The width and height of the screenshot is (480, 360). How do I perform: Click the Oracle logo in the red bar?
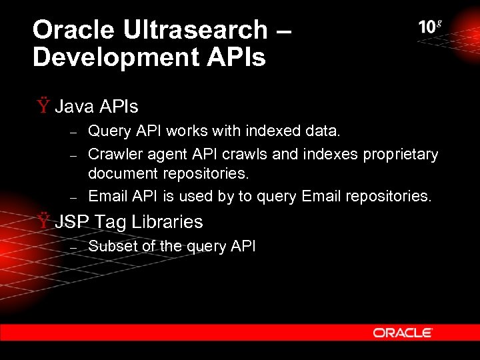coord(403,332)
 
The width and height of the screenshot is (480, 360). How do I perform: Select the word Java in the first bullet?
coord(75,106)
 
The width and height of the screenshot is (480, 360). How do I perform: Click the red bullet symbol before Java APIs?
coord(43,106)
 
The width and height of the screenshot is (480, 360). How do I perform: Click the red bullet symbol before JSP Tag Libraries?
coord(43,221)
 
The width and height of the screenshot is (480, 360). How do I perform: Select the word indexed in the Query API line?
coord(275,132)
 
